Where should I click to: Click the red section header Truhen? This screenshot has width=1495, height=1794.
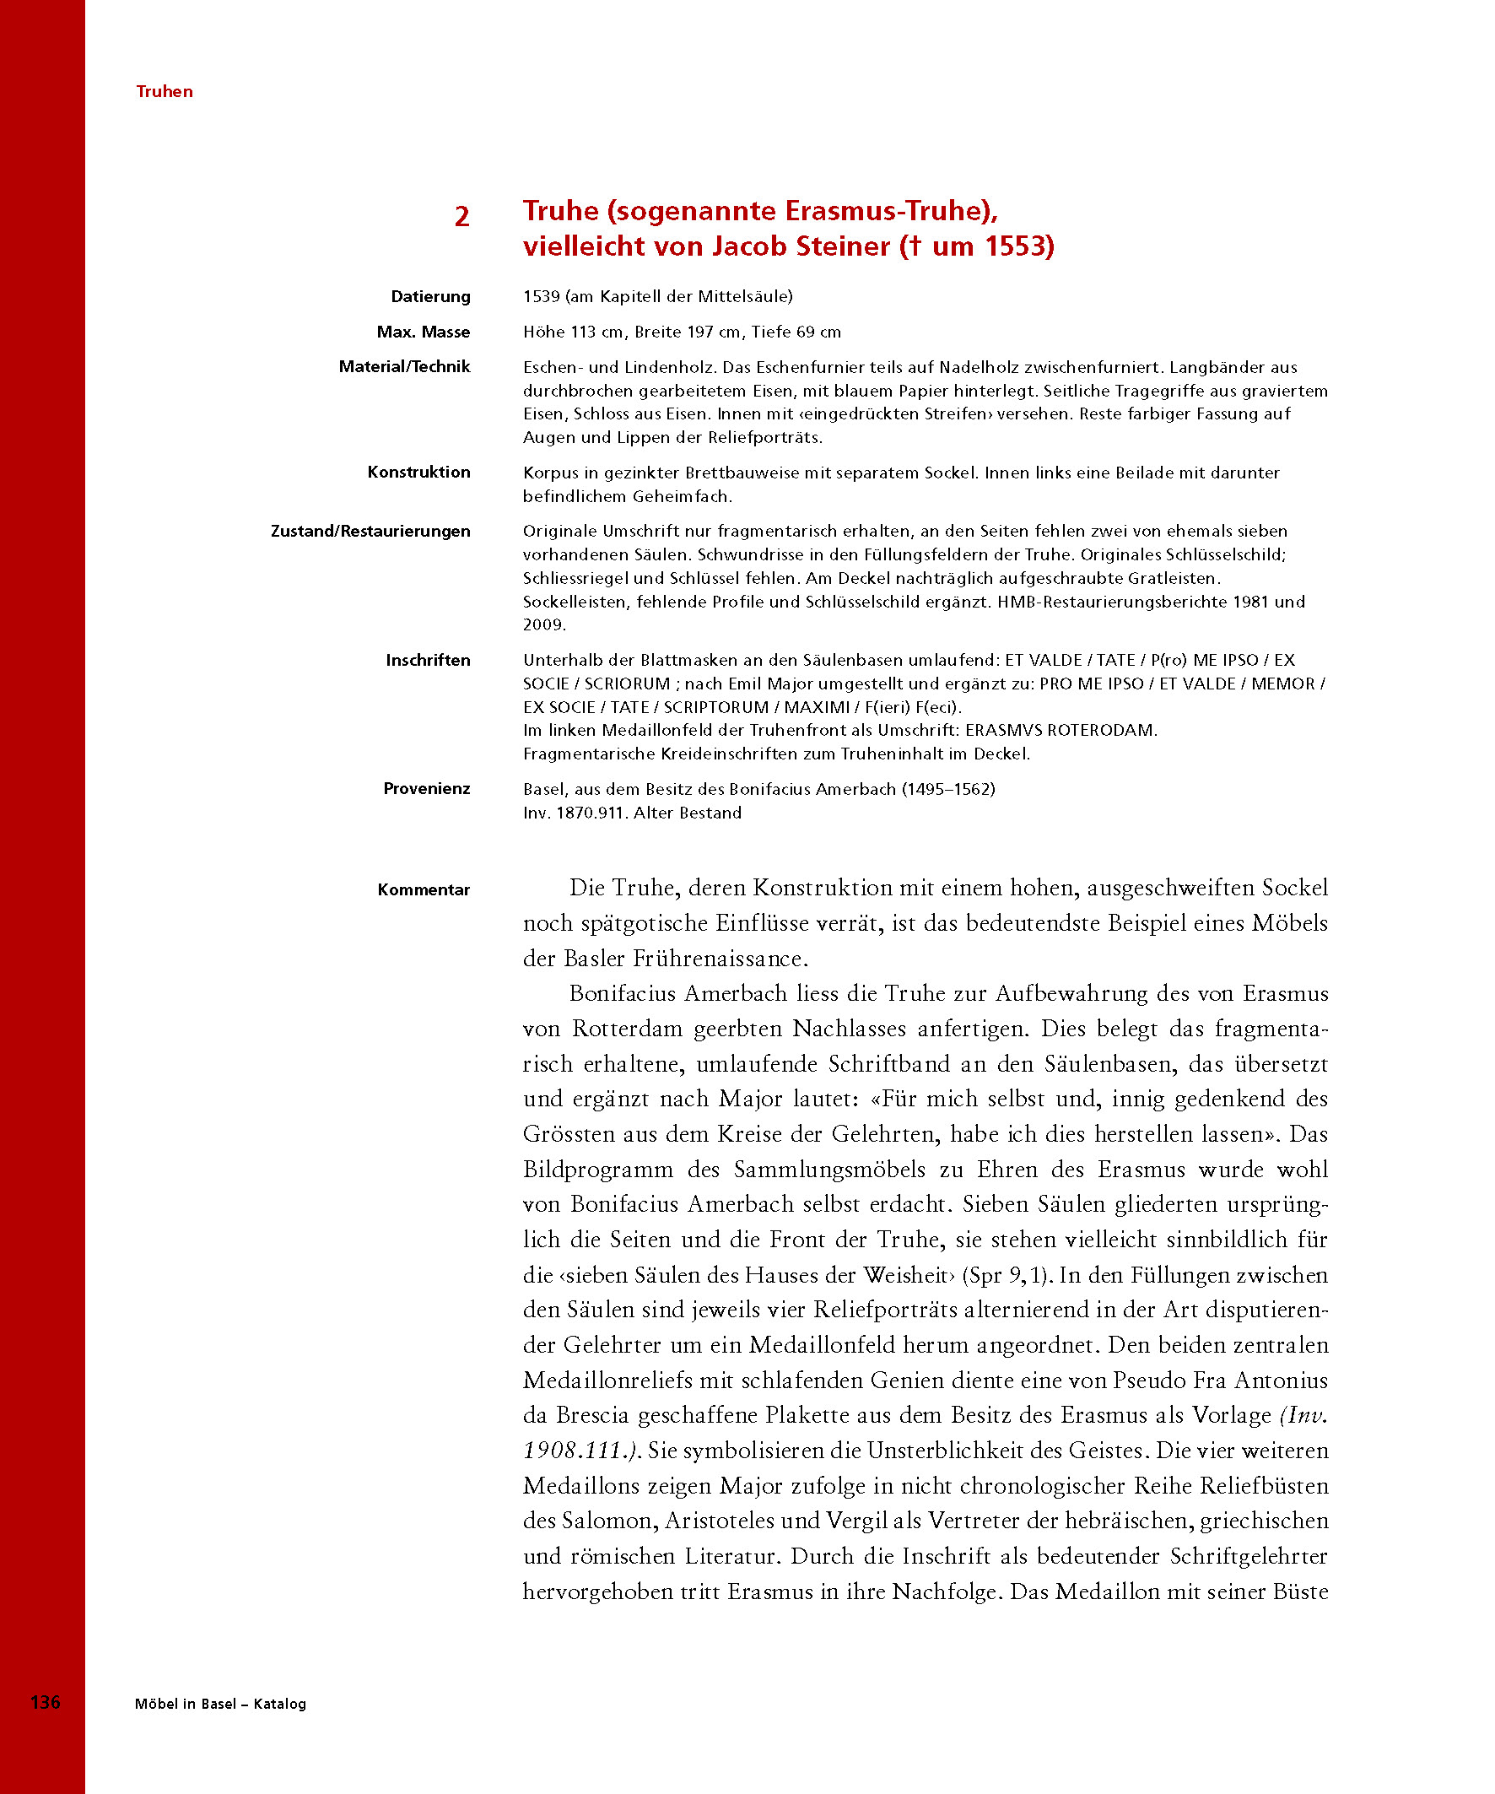164,91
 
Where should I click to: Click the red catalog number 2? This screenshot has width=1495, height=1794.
461,216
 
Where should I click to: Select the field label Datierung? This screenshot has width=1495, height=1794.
430,296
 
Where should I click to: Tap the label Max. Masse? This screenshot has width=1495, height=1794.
423,332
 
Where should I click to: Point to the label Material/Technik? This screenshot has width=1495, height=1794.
404,366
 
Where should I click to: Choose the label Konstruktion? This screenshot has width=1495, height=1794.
418,472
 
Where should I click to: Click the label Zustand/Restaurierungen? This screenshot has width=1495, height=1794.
370,531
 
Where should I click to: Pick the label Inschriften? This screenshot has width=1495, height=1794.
427,660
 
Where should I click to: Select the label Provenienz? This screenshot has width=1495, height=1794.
426,788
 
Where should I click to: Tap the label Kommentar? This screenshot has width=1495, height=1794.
424,889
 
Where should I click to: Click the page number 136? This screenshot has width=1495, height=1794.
46,1702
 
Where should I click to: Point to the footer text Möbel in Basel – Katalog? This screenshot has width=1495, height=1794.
220,1704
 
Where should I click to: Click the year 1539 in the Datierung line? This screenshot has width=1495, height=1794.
542,296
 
